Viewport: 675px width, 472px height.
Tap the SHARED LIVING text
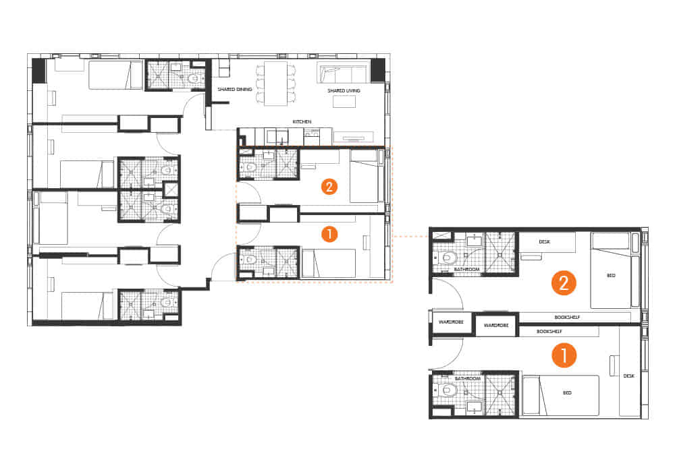coord(344,90)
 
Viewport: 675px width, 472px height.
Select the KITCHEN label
coord(302,121)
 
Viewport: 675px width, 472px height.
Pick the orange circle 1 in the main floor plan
coord(328,235)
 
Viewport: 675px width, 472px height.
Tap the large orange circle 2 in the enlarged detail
coord(563,283)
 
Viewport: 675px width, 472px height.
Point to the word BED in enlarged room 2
coord(611,275)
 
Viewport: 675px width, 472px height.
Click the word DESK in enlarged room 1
coord(628,376)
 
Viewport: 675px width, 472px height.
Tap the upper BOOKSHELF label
coord(567,317)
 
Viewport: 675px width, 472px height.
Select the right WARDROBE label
coord(495,325)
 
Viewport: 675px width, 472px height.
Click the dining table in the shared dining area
coord(275,84)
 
